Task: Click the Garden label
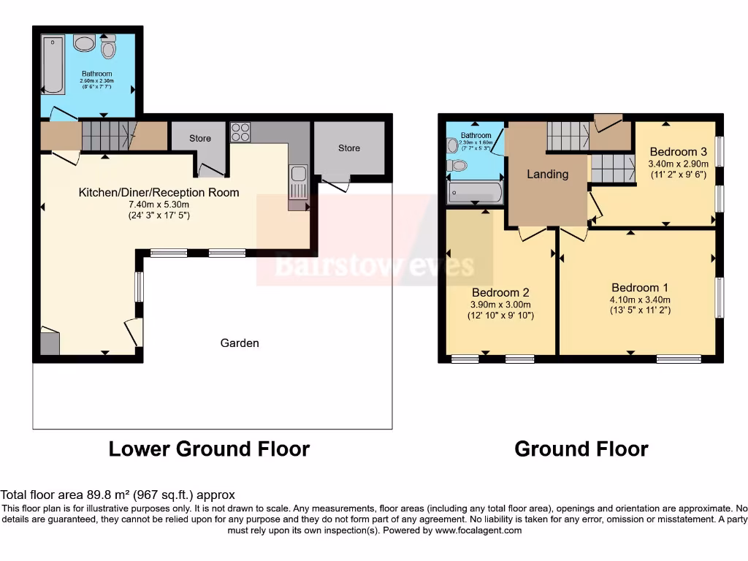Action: pos(240,343)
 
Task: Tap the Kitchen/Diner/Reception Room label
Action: pos(159,193)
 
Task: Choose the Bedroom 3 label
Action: pos(678,152)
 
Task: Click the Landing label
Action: pos(547,174)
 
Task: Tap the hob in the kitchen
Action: pos(241,132)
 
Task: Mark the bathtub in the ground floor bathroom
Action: pos(475,193)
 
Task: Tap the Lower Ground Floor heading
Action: pos(209,449)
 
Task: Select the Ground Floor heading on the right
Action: pos(581,449)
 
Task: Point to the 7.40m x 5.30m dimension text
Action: pos(159,205)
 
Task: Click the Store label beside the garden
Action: pos(348,148)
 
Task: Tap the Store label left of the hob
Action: pos(199,138)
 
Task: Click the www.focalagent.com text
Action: pos(478,530)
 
